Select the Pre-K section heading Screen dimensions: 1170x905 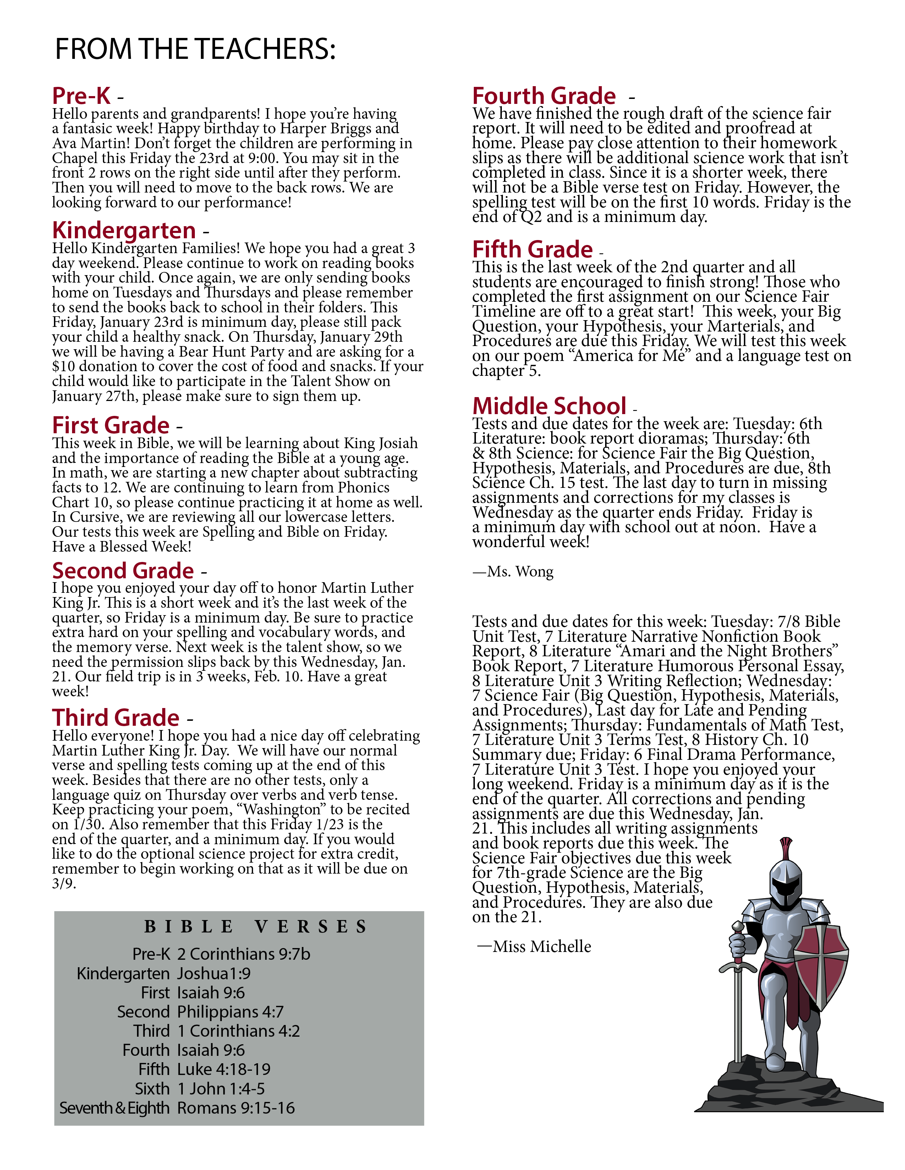[x=82, y=96]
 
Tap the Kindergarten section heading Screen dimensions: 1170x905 [x=124, y=230]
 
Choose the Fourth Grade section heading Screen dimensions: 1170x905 [x=544, y=96]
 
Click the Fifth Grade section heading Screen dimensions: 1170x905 [x=532, y=250]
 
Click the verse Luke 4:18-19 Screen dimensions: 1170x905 [x=224, y=1069]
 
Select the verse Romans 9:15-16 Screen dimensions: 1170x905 [x=236, y=1108]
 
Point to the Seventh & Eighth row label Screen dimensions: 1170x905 [x=114, y=1108]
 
